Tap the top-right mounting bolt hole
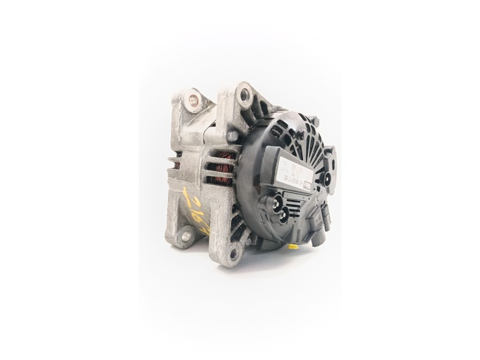pyautogui.click(x=244, y=94)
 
